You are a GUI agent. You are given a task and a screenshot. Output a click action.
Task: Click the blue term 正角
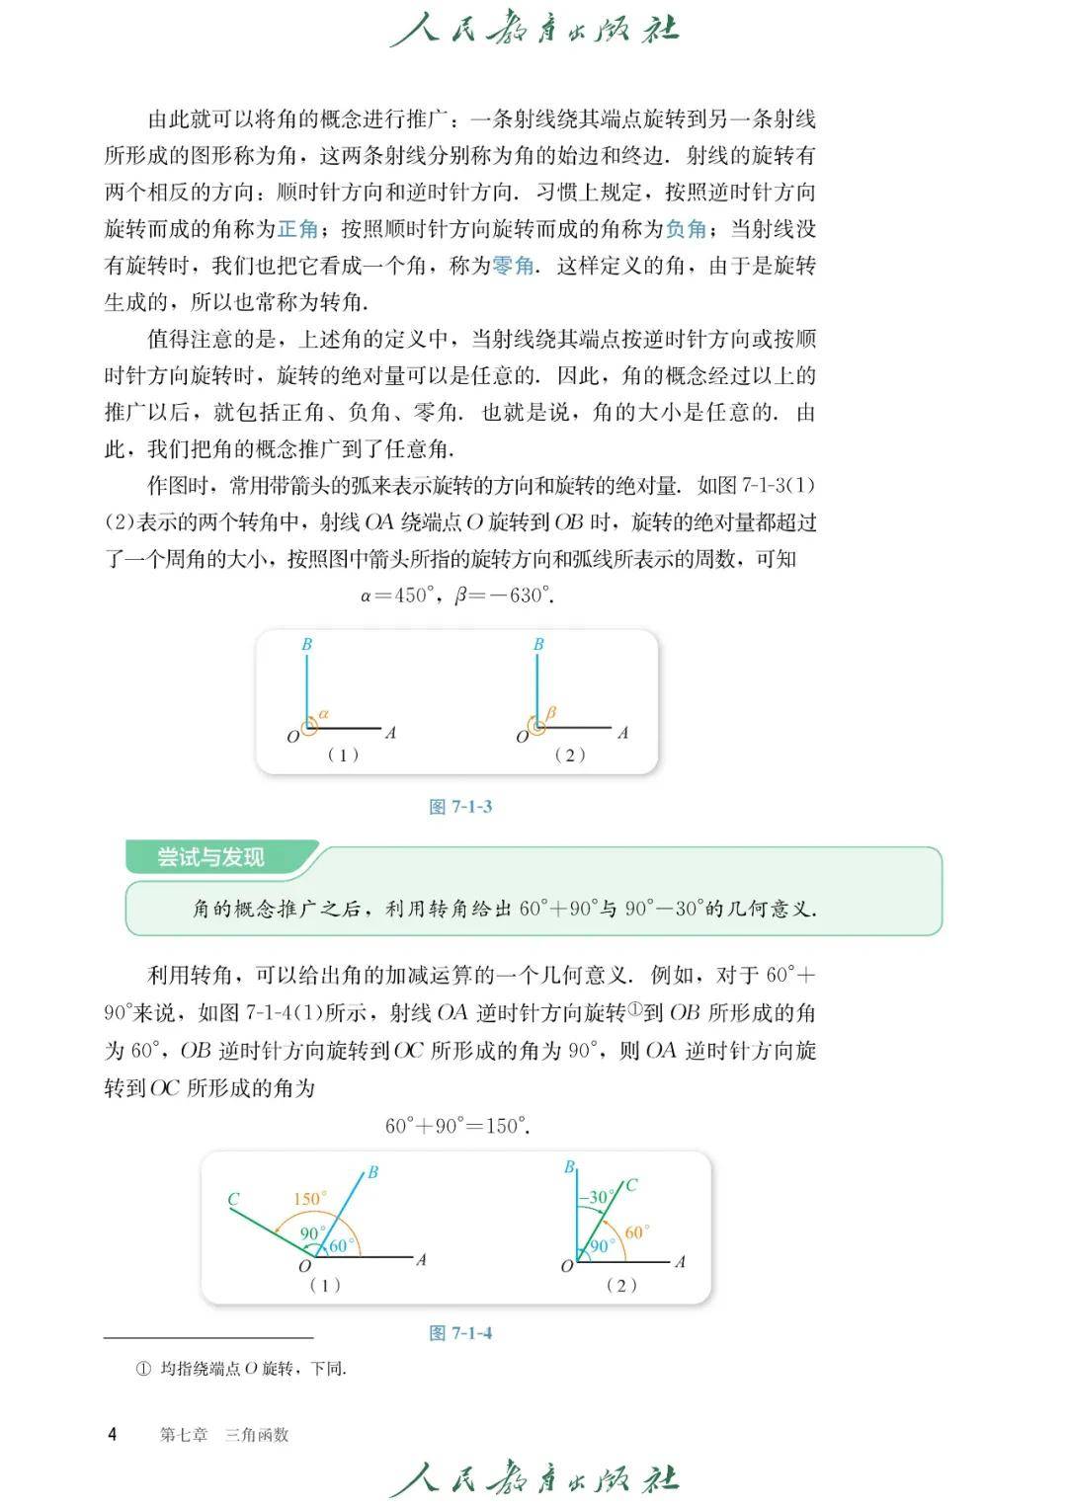297,229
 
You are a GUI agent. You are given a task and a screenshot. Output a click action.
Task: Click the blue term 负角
686,229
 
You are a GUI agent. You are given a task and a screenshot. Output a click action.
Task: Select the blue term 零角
513,266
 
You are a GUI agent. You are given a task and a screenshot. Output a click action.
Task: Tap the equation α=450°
398,595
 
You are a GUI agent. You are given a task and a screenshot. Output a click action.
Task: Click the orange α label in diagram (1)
324,713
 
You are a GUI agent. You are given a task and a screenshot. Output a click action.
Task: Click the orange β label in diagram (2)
551,712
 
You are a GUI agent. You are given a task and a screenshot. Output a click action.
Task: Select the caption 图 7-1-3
460,807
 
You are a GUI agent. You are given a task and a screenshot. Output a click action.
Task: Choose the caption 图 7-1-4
460,1333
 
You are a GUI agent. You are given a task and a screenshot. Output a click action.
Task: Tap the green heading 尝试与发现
210,857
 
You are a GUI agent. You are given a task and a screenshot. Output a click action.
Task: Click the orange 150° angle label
309,1199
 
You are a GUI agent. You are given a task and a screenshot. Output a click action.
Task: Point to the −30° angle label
594,1197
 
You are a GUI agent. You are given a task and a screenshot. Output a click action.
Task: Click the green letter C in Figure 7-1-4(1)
233,1200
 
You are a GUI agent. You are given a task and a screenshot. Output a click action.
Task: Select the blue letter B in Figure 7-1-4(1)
372,1173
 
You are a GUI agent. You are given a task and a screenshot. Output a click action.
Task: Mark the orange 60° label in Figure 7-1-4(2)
635,1232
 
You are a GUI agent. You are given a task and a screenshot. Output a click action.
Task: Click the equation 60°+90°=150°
457,1126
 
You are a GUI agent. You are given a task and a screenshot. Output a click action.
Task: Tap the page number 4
112,1434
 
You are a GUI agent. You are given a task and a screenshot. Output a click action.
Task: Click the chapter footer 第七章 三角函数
224,1435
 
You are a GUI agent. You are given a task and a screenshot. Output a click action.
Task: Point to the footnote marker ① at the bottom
143,1369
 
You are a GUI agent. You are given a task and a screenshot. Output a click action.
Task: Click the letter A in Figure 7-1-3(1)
390,733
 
